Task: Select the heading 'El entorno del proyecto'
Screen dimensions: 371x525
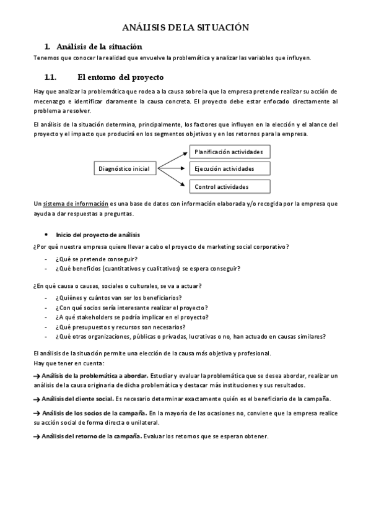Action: pos(120,78)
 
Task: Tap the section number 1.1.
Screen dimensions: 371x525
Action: pos(50,78)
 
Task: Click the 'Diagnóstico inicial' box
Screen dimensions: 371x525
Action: pos(124,168)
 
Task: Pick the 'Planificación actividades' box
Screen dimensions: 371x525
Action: pos(228,152)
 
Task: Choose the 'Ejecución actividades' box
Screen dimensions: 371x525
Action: pos(228,168)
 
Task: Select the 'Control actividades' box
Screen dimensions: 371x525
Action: pos(228,186)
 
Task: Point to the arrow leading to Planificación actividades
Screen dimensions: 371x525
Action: pos(174,158)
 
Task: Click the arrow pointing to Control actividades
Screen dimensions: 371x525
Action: pos(174,178)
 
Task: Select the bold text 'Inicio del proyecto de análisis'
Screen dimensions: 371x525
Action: pos(98,235)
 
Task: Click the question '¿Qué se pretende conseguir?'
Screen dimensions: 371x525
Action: pos(96,259)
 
